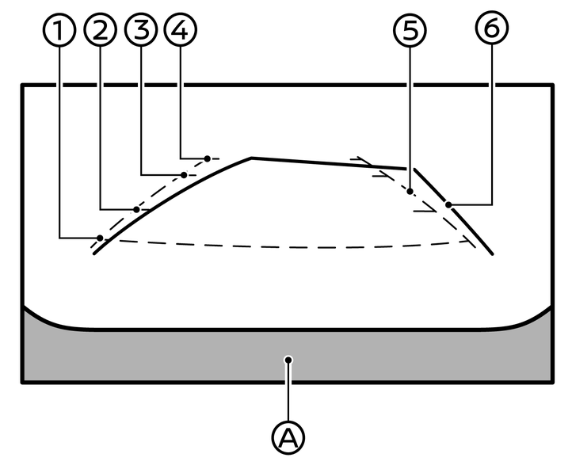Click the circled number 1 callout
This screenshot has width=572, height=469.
point(60,31)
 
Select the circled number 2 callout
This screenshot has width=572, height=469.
point(101,31)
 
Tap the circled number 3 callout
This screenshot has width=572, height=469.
point(142,31)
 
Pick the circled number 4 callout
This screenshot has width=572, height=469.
point(181,31)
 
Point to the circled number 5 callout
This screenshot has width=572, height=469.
point(410,31)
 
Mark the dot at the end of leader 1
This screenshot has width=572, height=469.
point(100,238)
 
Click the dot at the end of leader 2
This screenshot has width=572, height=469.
point(137,209)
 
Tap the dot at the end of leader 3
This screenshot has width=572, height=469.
point(184,174)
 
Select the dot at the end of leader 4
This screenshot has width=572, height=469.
point(208,158)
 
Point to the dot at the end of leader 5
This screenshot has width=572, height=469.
point(410,191)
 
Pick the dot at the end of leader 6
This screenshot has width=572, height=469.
point(448,204)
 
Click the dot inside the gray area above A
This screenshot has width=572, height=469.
point(290,360)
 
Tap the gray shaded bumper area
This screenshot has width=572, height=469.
point(158,357)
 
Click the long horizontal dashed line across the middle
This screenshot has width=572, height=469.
point(285,247)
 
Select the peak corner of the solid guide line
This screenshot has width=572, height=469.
point(251,158)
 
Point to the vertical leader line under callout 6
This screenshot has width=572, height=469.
point(491,119)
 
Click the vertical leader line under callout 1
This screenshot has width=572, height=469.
point(60,135)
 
